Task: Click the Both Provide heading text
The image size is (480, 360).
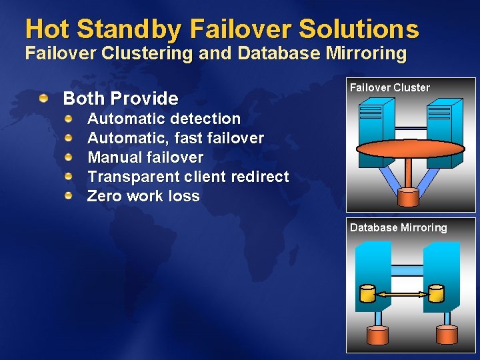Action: click(121, 99)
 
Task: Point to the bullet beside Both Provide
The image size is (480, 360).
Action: click(43, 99)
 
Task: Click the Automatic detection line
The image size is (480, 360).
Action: click(164, 119)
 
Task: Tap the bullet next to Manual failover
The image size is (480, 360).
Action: click(69, 157)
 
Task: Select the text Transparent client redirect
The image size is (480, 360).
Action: click(188, 177)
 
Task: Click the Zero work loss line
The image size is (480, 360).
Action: click(143, 196)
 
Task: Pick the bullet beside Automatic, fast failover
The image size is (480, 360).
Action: click(69, 138)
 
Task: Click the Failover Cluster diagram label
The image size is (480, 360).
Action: click(390, 87)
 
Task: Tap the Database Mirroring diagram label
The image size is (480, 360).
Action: click(399, 227)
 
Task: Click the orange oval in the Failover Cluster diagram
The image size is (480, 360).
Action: click(411, 148)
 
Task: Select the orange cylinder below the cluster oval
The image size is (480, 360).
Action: click(407, 197)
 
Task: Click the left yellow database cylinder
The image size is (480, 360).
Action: click(367, 293)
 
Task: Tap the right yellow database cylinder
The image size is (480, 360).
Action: click(435, 293)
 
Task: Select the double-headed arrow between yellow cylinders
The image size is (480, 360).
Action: click(401, 293)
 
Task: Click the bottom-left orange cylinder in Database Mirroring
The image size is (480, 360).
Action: click(377, 335)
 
